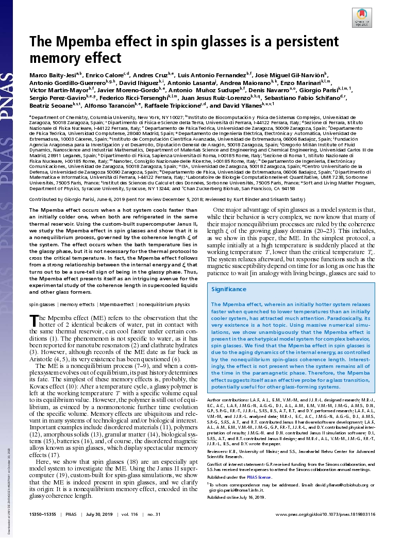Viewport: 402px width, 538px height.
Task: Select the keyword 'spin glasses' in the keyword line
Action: pos(42,305)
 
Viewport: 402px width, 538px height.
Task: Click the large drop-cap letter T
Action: pos(35,321)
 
